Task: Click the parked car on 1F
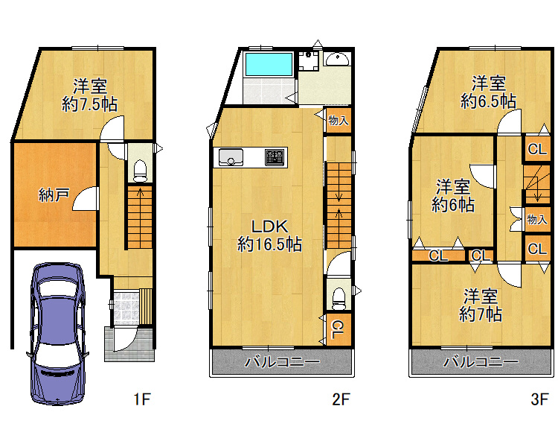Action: pos(57,334)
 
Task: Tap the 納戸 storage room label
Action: pos(54,194)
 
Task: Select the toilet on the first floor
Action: pos(140,171)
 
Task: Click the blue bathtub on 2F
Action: pos(269,65)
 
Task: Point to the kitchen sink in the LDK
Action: pos(231,157)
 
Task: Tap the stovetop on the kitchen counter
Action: pos(275,157)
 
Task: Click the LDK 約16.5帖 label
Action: pos(269,235)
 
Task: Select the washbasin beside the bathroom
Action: pos(337,59)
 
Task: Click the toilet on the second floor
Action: pos(339,299)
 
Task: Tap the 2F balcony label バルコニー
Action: pos(282,362)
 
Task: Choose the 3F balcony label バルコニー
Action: pos(481,362)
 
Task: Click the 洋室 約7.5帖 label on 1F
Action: pos(90,95)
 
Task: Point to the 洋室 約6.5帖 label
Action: pos(488,92)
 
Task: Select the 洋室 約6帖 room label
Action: pos(453,195)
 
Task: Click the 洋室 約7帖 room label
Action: pos(481,305)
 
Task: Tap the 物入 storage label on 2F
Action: pos(338,121)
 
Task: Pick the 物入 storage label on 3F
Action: pos(536,219)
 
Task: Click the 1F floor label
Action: pos(142,399)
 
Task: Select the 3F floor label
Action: pos(539,399)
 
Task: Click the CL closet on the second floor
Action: pos(339,329)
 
